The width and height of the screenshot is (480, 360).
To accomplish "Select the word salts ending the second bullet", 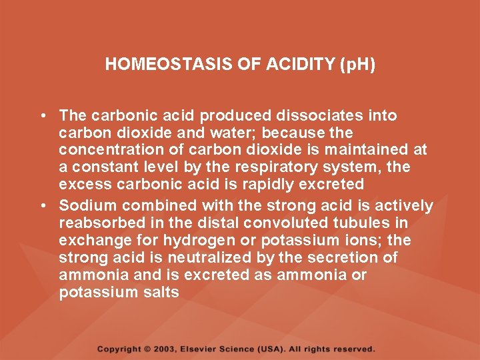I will (x=161, y=292).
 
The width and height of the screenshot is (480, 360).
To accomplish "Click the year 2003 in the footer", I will (x=167, y=349).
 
